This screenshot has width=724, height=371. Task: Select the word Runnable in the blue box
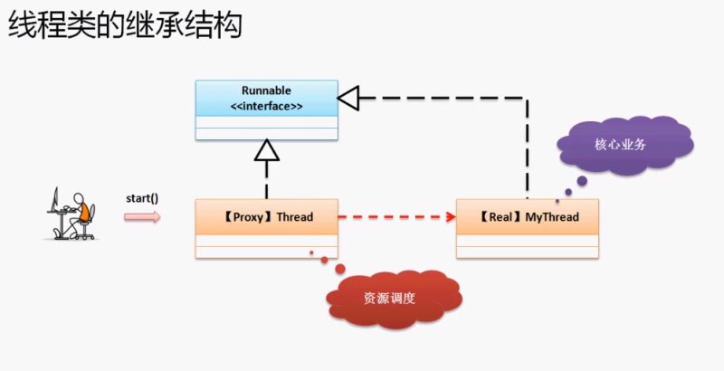267,90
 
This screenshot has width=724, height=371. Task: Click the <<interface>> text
267,107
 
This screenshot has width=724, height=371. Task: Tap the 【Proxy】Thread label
267,217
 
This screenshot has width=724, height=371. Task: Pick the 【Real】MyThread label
529,217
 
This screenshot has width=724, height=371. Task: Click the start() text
142,196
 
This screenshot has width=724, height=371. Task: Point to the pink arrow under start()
142,216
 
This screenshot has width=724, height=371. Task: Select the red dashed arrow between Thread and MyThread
396,217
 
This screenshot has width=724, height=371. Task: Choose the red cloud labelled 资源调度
389,298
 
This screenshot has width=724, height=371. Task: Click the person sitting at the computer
81,215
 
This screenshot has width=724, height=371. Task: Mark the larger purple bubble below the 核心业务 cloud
582,181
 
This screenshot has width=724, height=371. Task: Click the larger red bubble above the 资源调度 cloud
339,269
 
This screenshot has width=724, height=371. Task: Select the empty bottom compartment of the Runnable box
267,134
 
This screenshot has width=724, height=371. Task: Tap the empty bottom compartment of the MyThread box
529,251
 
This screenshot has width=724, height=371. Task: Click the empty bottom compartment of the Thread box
267,251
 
